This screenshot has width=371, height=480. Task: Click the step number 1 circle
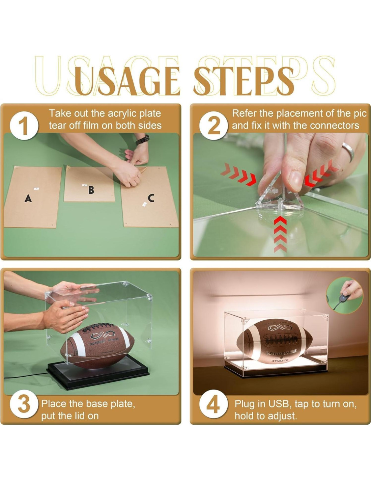point(24,126)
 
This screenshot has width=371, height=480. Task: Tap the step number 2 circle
point(213,126)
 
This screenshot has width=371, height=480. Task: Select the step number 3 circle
point(24,404)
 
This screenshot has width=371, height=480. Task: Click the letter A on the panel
point(28,198)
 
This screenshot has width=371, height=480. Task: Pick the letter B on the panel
point(91,190)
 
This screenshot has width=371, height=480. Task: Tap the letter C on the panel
point(151,198)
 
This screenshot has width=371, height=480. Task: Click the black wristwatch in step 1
point(142,140)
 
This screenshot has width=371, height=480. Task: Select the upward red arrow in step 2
point(280,234)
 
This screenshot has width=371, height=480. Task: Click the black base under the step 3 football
point(98,374)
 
